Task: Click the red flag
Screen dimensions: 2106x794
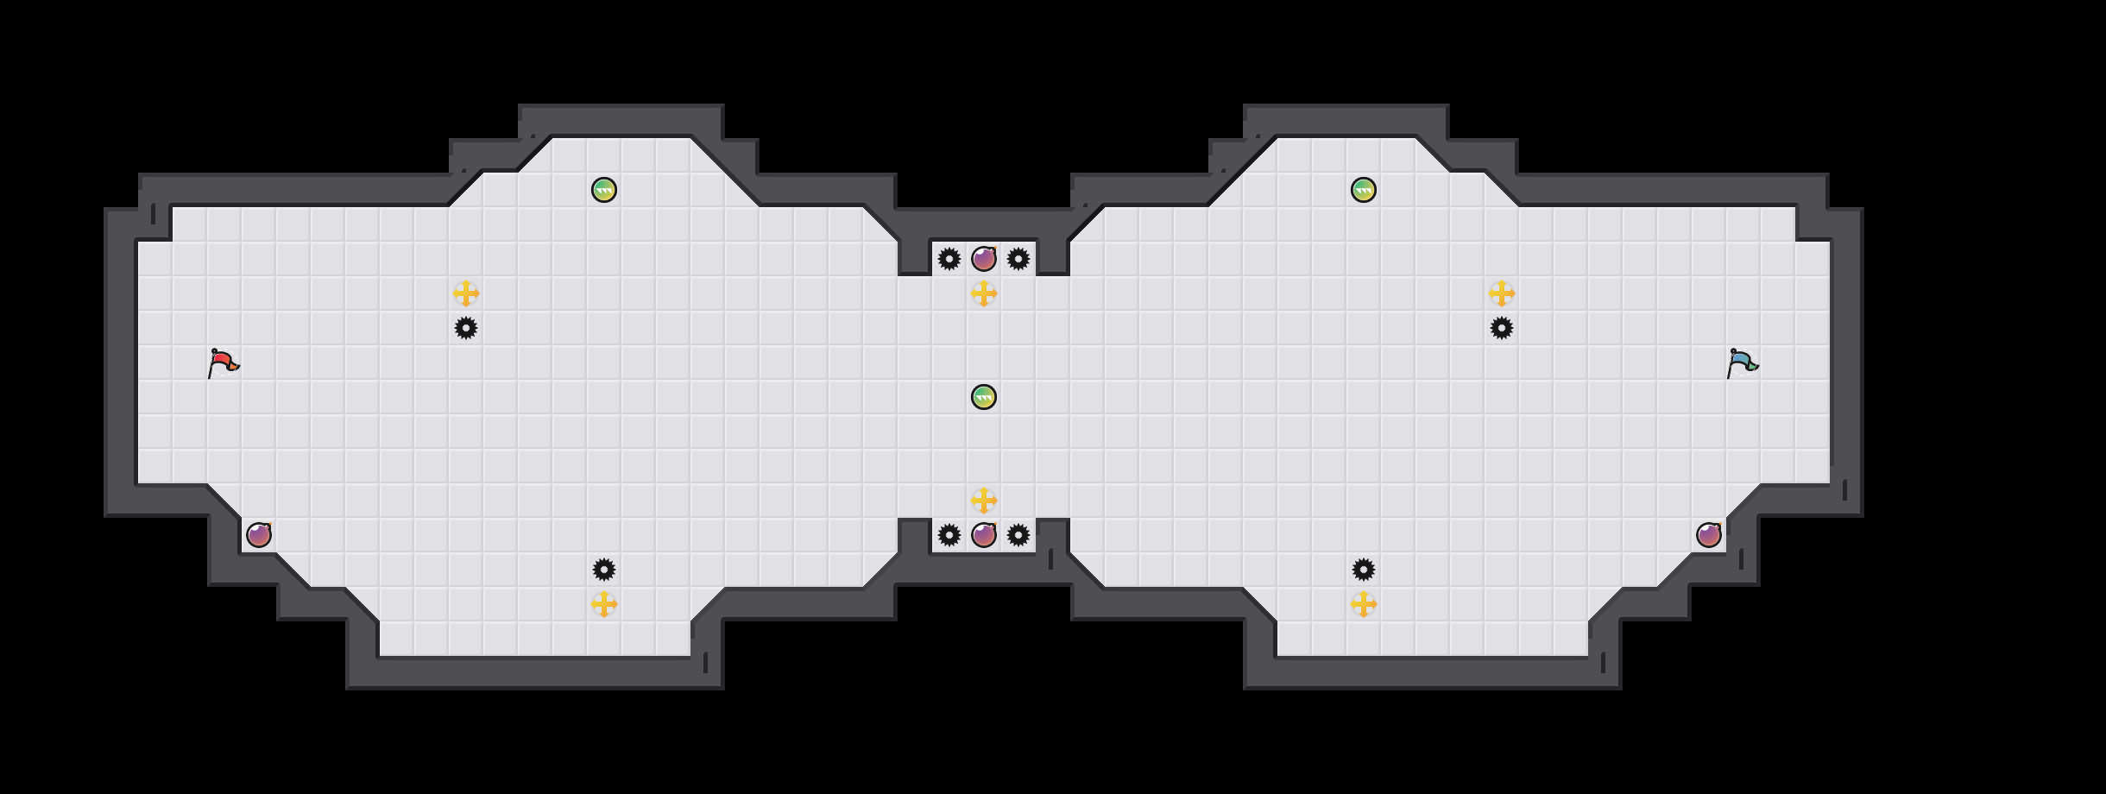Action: [223, 363]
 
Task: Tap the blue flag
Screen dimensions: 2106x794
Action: [1742, 363]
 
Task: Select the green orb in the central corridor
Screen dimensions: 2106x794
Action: [984, 397]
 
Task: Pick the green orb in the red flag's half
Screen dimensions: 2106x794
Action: [604, 190]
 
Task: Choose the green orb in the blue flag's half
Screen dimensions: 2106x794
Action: [1364, 190]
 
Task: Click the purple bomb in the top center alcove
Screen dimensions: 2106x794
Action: [984, 259]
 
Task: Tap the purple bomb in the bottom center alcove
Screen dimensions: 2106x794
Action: [984, 535]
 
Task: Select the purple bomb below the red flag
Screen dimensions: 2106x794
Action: [259, 535]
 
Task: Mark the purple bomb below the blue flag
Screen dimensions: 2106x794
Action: [1709, 535]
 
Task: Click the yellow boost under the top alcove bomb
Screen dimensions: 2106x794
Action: [984, 293]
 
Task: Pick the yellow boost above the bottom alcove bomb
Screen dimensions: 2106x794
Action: [984, 501]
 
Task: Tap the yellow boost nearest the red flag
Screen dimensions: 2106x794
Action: [466, 293]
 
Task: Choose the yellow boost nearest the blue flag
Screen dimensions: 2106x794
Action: [1502, 293]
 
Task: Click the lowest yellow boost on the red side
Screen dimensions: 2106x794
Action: [604, 604]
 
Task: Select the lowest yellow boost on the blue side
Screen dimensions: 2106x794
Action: [1364, 604]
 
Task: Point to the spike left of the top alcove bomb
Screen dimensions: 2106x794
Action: [949, 259]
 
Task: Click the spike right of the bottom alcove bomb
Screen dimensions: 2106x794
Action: [1018, 535]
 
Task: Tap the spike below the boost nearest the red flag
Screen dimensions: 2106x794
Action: [466, 328]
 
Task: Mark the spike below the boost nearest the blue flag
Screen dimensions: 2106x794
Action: [1502, 328]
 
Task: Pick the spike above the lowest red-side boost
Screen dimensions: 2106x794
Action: [604, 570]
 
